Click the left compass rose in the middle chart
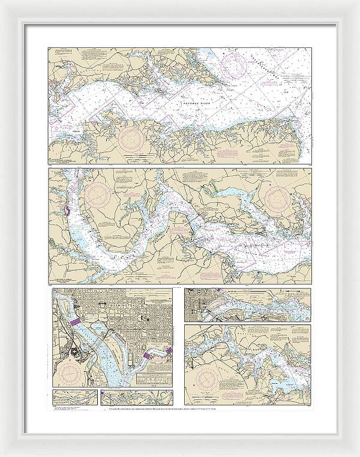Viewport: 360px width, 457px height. (x=98, y=194)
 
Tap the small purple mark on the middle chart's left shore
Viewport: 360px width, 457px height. (x=65, y=212)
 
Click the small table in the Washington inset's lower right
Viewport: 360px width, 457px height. (x=154, y=378)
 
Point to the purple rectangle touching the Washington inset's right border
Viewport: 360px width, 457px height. (x=169, y=350)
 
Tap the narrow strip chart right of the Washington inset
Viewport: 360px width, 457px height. (x=248, y=305)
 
